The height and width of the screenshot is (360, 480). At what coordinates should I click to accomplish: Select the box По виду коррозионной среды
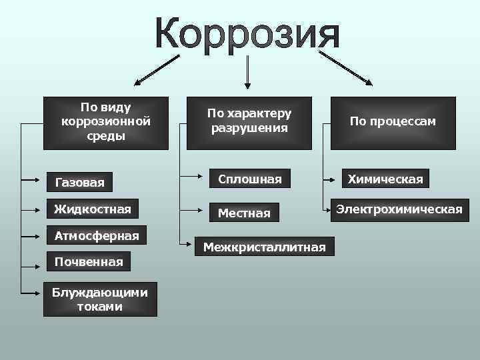point(105,123)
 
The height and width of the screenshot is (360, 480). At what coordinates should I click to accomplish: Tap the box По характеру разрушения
point(249,123)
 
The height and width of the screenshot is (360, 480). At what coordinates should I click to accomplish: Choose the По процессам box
point(393,123)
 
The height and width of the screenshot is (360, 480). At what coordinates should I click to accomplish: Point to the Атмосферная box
point(97,235)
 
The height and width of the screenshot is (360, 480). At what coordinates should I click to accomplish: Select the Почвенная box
point(88,261)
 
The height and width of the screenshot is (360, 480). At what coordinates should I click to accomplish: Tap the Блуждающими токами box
point(100,299)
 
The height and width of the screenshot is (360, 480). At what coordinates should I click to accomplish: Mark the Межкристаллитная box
point(265,247)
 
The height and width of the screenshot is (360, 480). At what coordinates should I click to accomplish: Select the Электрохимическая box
point(399,209)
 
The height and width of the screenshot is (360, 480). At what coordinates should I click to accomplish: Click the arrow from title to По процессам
point(350,67)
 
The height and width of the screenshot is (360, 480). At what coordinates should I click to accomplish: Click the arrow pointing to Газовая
point(33,179)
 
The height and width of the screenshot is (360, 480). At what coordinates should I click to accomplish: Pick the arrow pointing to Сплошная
point(193,178)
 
